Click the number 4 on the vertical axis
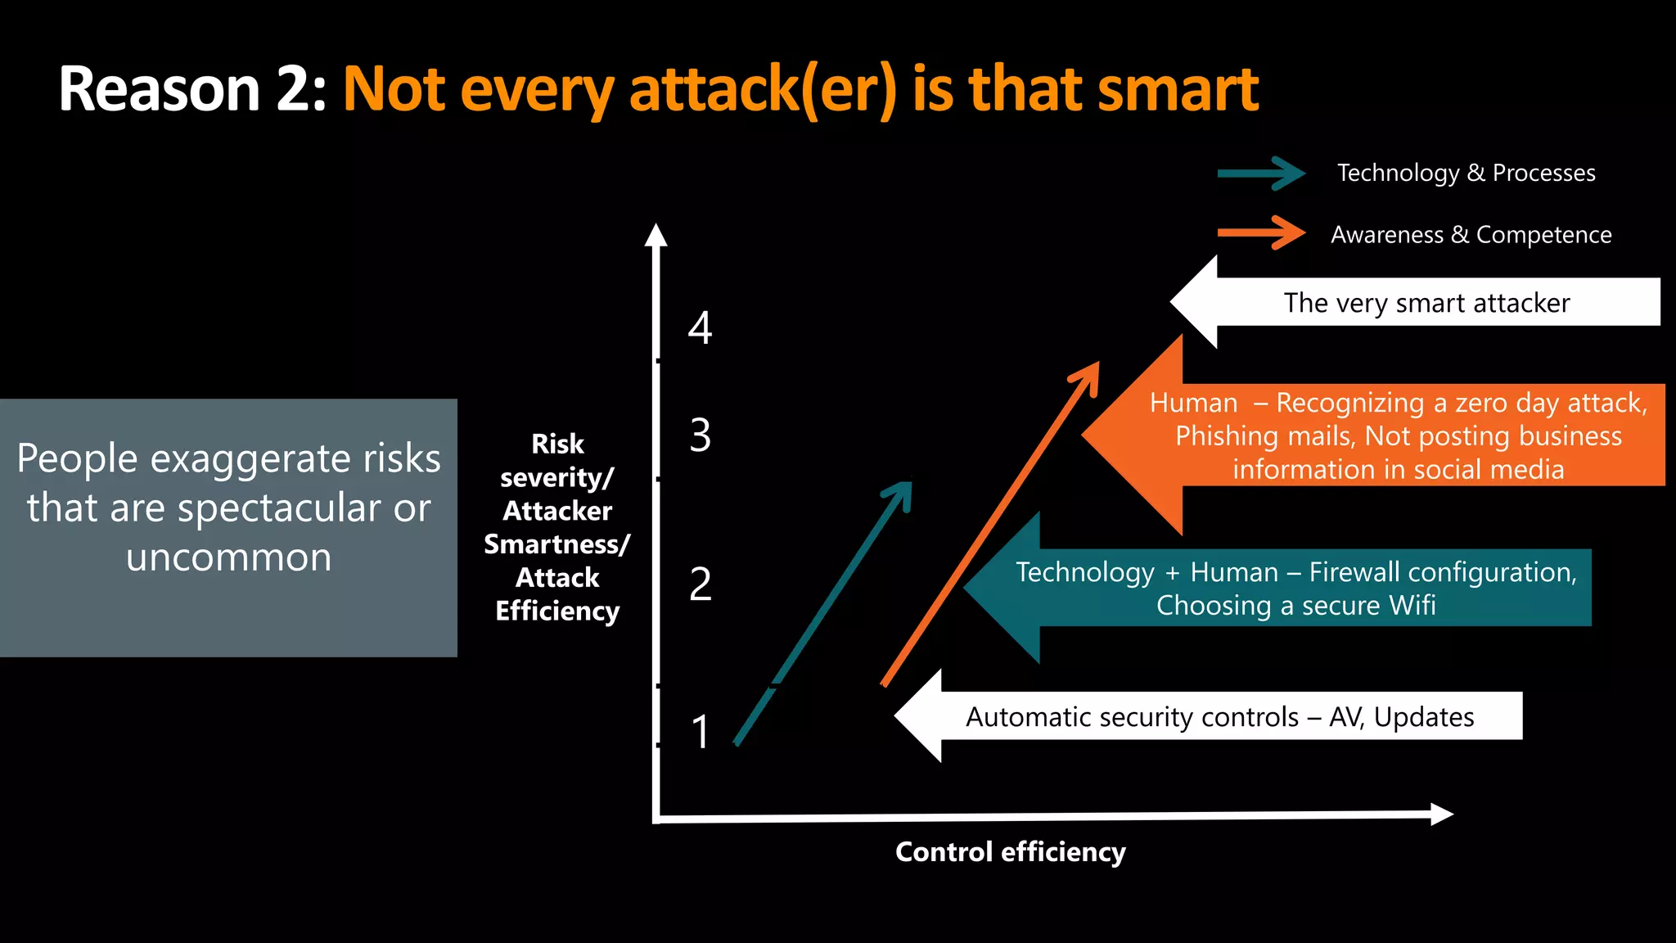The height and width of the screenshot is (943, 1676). tap(700, 328)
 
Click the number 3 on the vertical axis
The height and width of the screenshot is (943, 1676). tap(700, 435)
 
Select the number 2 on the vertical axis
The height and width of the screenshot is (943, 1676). tap(700, 584)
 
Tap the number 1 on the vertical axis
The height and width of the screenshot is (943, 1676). tap(700, 732)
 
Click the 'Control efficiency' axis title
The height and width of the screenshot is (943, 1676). tap(1010, 852)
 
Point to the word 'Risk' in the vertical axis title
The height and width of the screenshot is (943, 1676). tap(557, 444)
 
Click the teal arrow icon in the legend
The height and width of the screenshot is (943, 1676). tap(1261, 174)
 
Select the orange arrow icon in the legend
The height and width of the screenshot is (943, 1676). tap(1261, 233)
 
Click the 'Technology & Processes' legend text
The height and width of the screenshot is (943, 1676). tap(1466, 174)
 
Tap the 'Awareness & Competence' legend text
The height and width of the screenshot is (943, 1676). tap(1471, 235)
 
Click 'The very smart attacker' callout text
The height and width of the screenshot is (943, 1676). tap(1426, 303)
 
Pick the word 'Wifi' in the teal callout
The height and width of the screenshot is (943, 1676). tap(1412, 606)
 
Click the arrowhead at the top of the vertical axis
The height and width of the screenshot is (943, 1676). tap(656, 235)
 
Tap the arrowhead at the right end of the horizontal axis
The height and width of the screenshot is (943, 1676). tap(1441, 814)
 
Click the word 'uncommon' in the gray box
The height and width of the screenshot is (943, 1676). tap(229, 558)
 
